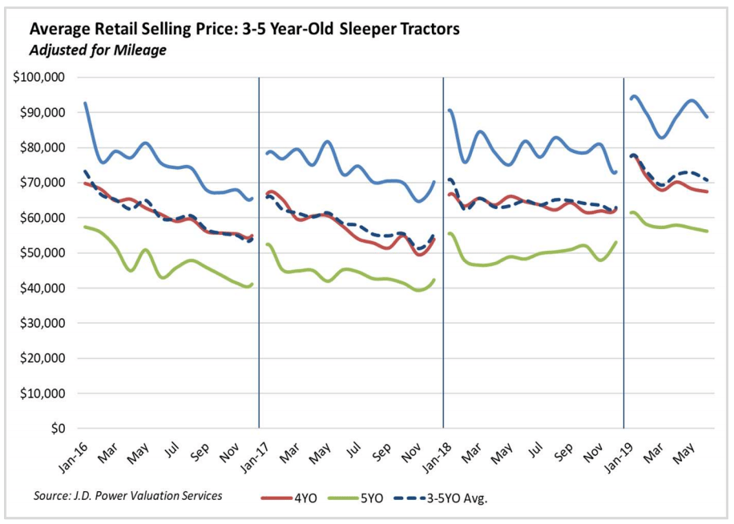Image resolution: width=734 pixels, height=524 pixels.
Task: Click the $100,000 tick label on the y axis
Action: pyautogui.click(x=41, y=78)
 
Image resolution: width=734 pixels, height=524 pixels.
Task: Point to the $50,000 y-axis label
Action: pyautogui.click(x=44, y=253)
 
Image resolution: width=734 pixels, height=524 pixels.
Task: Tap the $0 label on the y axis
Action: pyautogui.click(x=58, y=429)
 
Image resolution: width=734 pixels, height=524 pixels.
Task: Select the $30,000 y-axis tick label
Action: pyautogui.click(x=44, y=324)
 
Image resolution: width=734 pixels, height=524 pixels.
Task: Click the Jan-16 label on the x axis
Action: pyautogui.click(x=74, y=454)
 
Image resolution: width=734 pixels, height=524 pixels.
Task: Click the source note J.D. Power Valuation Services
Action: pyautogui.click(x=127, y=496)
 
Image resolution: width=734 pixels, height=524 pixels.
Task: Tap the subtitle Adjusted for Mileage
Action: pyautogui.click(x=97, y=50)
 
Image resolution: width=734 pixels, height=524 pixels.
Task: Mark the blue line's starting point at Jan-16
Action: pyautogui.click(x=85, y=103)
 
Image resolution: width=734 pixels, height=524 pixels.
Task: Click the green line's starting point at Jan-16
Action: pyautogui.click(x=85, y=227)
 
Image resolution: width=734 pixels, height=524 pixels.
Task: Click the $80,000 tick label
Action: pyautogui.click(x=44, y=147)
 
